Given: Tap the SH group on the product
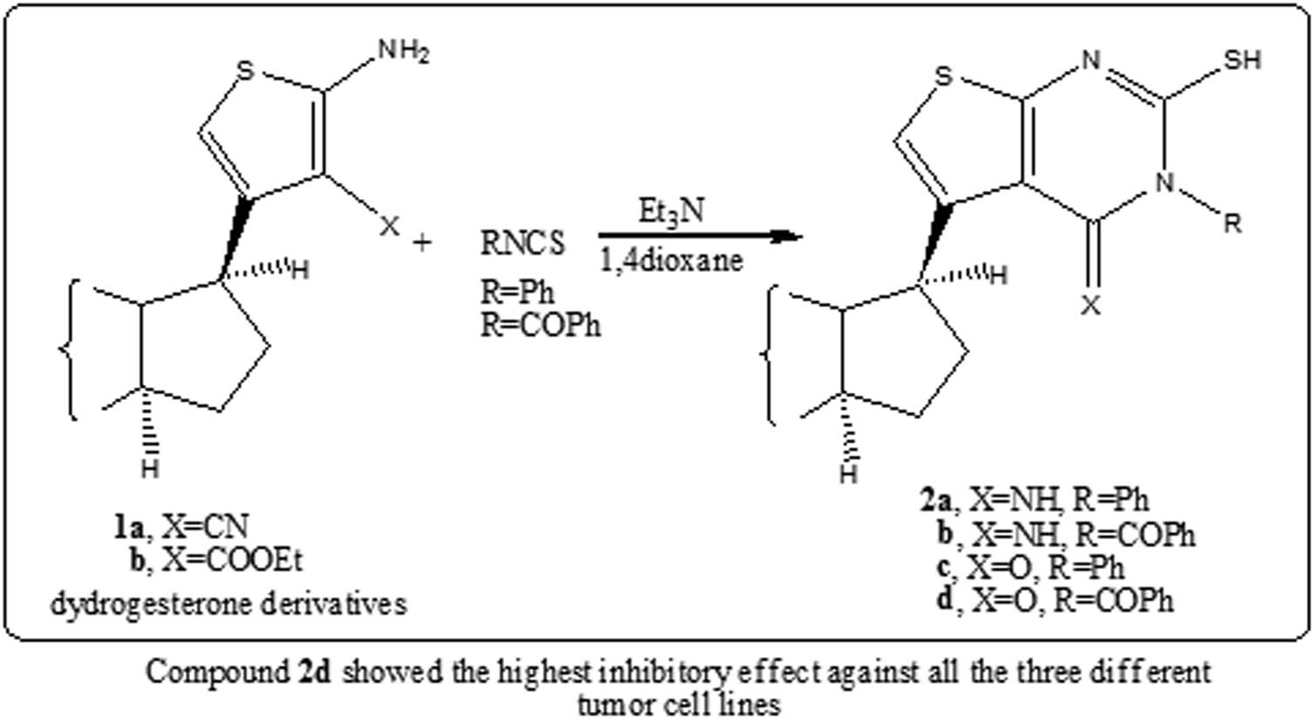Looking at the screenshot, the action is [x=1242, y=60].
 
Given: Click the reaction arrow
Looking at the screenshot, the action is [x=701, y=236].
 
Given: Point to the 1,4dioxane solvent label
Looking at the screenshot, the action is [x=671, y=260].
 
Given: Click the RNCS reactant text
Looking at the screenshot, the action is [x=523, y=243].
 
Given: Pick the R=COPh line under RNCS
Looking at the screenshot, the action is [x=541, y=325].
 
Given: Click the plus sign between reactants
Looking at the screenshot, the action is [x=421, y=242].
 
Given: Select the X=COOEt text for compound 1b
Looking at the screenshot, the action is [x=232, y=561].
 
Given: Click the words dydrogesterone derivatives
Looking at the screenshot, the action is [x=229, y=604].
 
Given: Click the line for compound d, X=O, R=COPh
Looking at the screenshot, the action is [x=1056, y=602].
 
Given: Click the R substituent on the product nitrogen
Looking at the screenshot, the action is [x=1233, y=223].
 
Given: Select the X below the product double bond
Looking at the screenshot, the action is [x=1091, y=305].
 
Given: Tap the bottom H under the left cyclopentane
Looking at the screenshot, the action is [x=150, y=469].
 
